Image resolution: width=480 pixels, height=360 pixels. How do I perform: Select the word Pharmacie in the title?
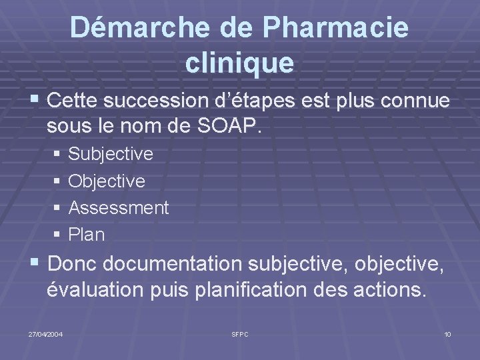click(x=336, y=28)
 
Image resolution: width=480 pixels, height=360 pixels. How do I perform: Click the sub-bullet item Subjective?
click(x=111, y=154)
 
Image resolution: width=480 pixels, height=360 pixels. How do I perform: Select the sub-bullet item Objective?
click(x=107, y=181)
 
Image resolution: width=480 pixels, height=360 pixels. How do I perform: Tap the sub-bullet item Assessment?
click(x=119, y=207)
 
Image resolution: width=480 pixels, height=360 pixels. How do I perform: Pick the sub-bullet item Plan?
click(x=87, y=235)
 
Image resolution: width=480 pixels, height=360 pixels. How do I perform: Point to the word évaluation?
click(x=95, y=290)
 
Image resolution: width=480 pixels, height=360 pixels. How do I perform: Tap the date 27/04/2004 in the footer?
click(x=46, y=333)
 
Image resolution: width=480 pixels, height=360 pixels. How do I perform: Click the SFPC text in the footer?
click(x=240, y=333)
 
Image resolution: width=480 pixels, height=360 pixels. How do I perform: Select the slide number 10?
click(x=447, y=333)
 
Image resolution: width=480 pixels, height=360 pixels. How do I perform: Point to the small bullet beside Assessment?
click(x=59, y=208)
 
